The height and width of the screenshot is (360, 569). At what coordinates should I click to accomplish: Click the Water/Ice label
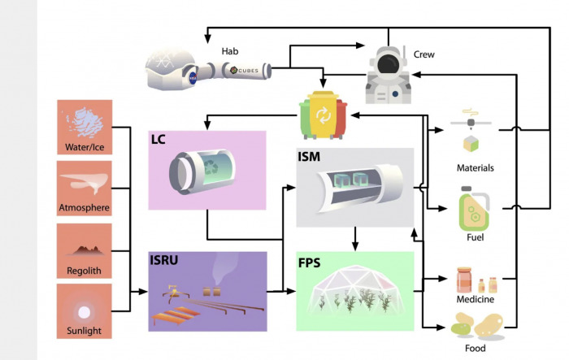click(x=85, y=147)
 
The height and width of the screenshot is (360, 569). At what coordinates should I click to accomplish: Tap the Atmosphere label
click(x=85, y=208)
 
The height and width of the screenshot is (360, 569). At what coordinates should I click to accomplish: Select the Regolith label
click(x=85, y=269)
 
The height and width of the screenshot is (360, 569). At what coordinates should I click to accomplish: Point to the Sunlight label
click(x=85, y=330)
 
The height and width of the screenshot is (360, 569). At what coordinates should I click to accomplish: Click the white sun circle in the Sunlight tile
click(x=85, y=311)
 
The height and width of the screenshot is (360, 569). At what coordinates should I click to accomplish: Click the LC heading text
click(x=159, y=139)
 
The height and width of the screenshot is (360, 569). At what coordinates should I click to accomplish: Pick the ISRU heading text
click(x=164, y=261)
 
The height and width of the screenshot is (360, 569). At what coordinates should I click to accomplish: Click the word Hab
click(x=230, y=50)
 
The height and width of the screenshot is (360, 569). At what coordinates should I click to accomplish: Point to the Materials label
click(x=476, y=168)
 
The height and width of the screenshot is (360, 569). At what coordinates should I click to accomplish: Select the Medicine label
click(x=476, y=299)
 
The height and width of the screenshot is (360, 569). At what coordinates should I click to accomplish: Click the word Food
click(x=476, y=348)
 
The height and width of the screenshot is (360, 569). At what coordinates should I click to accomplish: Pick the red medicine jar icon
click(x=463, y=280)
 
